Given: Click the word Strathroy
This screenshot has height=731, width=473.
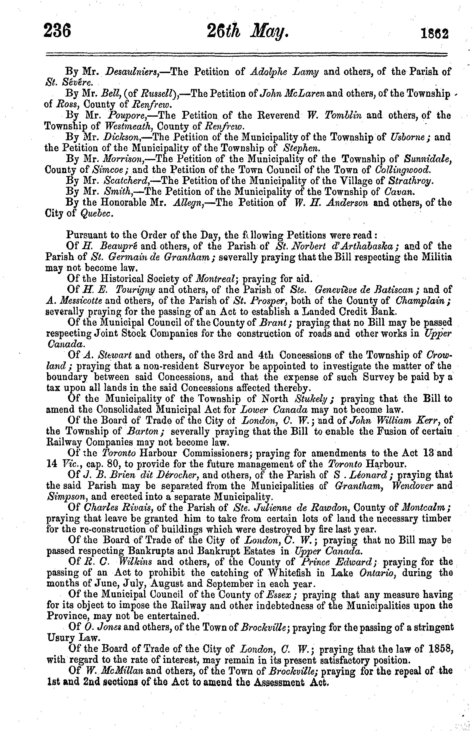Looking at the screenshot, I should click(411, 181).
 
